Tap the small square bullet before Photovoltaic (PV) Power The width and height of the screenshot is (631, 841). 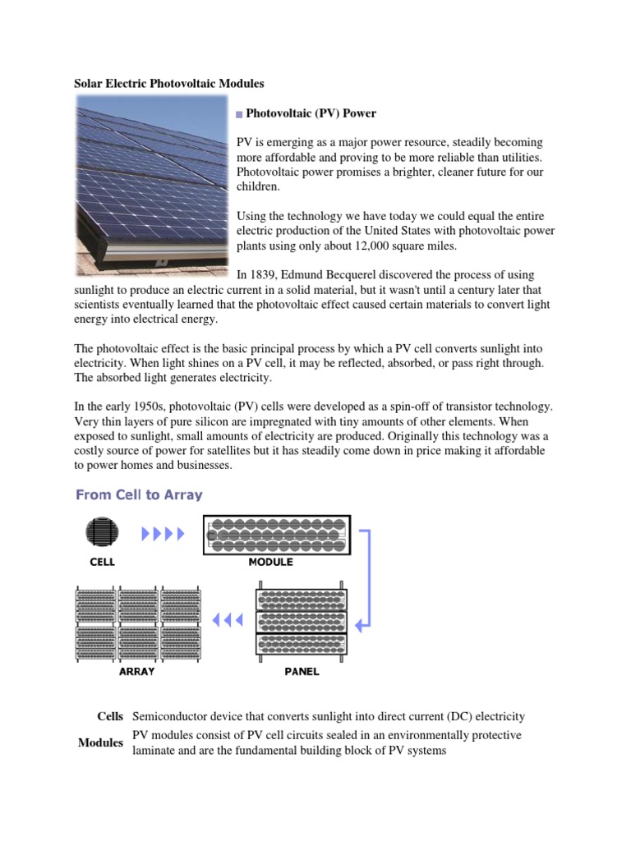click(x=240, y=114)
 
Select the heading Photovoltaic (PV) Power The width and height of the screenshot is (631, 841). click(x=311, y=113)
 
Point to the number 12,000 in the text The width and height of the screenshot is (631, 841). click(x=375, y=246)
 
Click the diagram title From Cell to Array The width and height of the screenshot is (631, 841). click(x=139, y=494)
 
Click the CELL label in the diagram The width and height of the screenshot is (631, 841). click(x=102, y=563)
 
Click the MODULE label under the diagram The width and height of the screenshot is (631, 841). click(x=270, y=563)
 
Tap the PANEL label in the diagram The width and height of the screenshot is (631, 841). click(x=302, y=671)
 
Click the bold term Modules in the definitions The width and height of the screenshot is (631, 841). click(x=100, y=742)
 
